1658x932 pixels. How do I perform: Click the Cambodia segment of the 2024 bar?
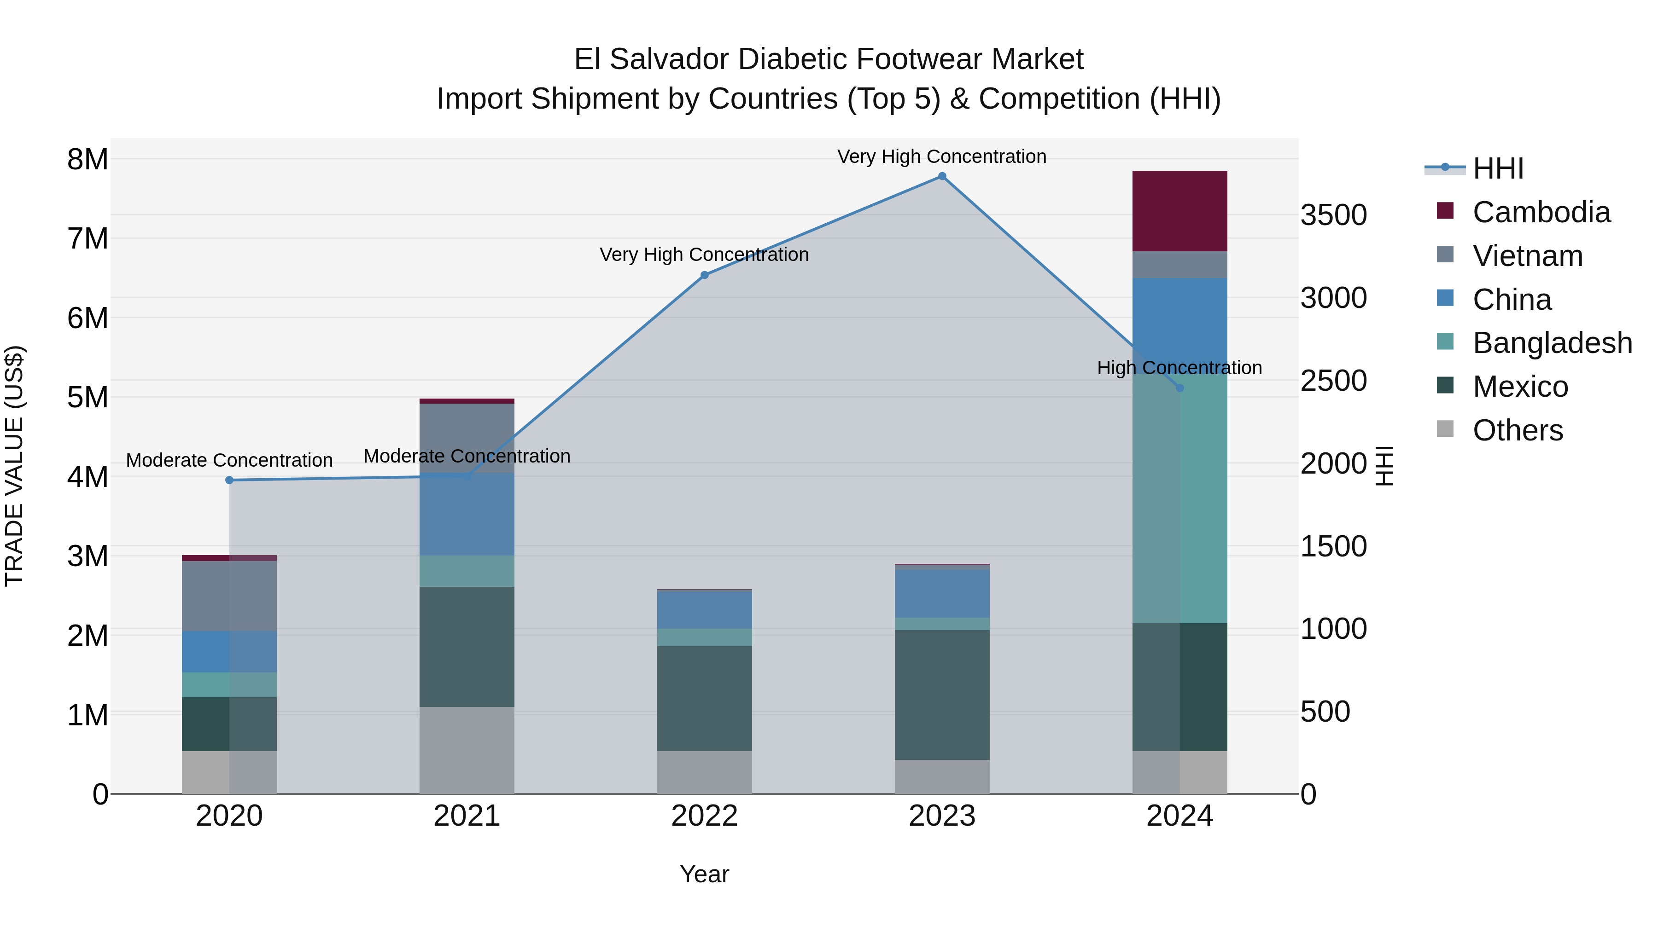pyautogui.click(x=1179, y=211)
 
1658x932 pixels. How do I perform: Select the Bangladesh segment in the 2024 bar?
pyautogui.click(x=1179, y=498)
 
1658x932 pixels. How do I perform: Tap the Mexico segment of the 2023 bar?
pyautogui.click(x=942, y=695)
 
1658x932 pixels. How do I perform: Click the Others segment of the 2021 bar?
pyautogui.click(x=467, y=750)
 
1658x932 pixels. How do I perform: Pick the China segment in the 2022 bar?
pyautogui.click(x=704, y=609)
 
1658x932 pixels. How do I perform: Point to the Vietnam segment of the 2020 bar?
pyautogui.click(x=229, y=596)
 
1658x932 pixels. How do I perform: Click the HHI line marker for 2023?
pyautogui.click(x=942, y=176)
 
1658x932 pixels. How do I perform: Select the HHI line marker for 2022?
pyautogui.click(x=704, y=275)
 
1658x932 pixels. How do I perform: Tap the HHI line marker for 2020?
pyautogui.click(x=229, y=480)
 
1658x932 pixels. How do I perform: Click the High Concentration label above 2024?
pyautogui.click(x=1179, y=368)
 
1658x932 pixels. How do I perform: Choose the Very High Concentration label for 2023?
pyautogui.click(x=942, y=156)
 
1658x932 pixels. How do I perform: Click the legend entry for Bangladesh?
pyautogui.click(x=1551, y=343)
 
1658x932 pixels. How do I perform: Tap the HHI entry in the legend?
pyautogui.click(x=1497, y=168)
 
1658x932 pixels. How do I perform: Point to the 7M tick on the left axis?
pyautogui.click(x=88, y=238)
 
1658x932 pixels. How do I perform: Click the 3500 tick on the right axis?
pyautogui.click(x=1333, y=215)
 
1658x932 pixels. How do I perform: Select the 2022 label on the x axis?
pyautogui.click(x=704, y=816)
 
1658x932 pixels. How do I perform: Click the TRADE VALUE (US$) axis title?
pyautogui.click(x=14, y=466)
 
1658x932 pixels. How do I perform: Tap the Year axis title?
pyautogui.click(x=704, y=874)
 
